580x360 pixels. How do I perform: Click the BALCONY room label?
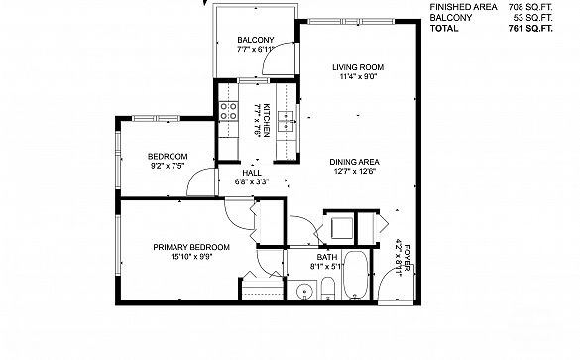pyautogui.click(x=256, y=40)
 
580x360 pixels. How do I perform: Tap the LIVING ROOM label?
pyautogui.click(x=358, y=67)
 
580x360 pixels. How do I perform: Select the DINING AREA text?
pyautogui.click(x=354, y=162)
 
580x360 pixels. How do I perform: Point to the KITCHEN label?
pyautogui.click(x=268, y=121)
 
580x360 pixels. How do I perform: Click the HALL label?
pyautogui.click(x=252, y=173)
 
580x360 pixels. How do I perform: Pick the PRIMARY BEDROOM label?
pyautogui.click(x=191, y=247)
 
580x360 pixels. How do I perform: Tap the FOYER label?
pyautogui.click(x=406, y=258)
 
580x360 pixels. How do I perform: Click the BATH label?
pyautogui.click(x=327, y=257)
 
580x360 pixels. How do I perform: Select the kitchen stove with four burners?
pyautogui.click(x=229, y=111)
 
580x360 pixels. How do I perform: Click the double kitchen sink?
pyautogui.click(x=286, y=121)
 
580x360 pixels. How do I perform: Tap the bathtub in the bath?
pyautogui.click(x=356, y=276)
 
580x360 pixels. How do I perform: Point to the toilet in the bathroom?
pyautogui.click(x=328, y=289)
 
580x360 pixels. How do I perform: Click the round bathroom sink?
pyautogui.click(x=304, y=291)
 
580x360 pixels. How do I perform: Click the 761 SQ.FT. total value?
pyautogui.click(x=530, y=28)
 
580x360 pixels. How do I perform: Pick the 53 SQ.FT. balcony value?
pyautogui.click(x=533, y=18)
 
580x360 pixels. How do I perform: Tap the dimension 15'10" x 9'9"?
pyautogui.click(x=191, y=257)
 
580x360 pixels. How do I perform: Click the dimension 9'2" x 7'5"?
pyautogui.click(x=168, y=166)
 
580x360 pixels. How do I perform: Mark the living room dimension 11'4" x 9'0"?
pyautogui.click(x=358, y=76)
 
